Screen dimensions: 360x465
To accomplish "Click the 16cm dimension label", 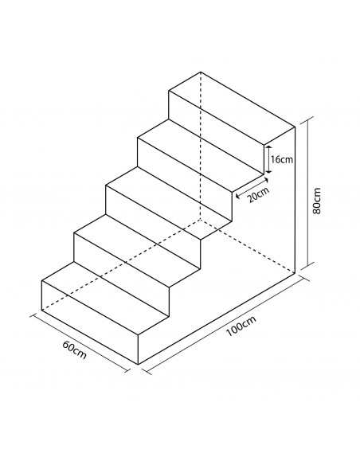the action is point(282,159).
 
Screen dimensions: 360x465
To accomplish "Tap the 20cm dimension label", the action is point(259,194).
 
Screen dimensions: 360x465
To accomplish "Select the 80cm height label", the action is point(316,201).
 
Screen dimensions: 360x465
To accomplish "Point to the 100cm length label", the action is point(241,326).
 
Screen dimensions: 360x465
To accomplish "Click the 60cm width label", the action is point(75,350).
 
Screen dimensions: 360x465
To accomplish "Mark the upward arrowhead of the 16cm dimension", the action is point(268,148).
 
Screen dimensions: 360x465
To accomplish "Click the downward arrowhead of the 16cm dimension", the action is point(268,170).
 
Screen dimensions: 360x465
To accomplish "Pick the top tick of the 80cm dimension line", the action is point(307,117).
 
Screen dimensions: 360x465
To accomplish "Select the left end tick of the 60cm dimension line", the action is point(33,315).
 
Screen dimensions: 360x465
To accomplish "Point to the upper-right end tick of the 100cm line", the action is point(305,279).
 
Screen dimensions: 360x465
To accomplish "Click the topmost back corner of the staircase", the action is point(201,72).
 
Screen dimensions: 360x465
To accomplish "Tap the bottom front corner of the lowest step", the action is point(139,364).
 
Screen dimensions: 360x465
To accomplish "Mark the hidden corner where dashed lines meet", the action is point(201,220).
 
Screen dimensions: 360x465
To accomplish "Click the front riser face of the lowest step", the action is point(90,322).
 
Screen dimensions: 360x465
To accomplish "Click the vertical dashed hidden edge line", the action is point(201,146).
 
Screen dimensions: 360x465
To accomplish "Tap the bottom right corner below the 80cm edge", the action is point(295,273).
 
